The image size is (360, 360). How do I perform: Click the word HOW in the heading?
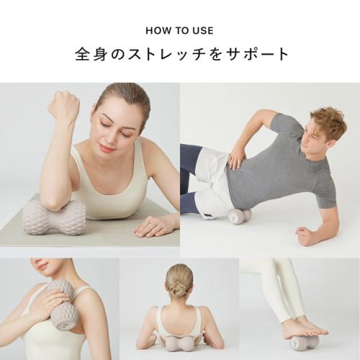(x=156, y=31)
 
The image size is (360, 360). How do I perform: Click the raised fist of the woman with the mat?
(x=64, y=107)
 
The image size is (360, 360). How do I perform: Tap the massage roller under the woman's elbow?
(x=54, y=217)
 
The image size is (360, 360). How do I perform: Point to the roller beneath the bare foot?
(x=306, y=343)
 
